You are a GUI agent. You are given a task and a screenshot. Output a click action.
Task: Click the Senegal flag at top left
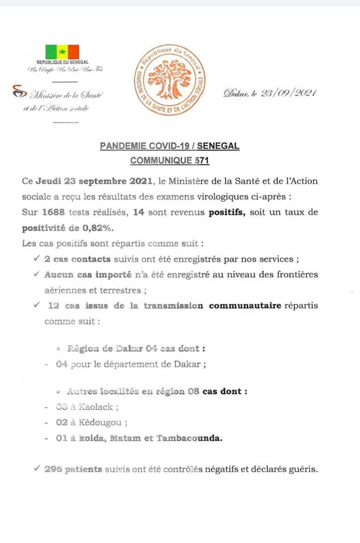62,51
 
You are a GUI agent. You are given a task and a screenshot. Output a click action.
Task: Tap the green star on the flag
62,51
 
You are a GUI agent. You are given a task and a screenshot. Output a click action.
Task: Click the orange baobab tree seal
169,79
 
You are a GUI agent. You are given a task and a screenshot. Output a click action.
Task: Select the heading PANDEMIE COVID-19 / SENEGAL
169,146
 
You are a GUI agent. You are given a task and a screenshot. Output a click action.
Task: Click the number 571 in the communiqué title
201,161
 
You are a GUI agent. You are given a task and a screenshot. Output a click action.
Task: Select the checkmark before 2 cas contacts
36,258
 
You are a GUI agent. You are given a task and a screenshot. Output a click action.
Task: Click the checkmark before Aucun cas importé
36,274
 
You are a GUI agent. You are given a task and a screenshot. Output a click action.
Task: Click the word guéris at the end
303,469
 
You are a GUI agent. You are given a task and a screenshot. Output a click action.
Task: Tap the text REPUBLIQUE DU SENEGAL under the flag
62,62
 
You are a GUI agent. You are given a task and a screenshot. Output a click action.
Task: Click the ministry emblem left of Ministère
19,92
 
